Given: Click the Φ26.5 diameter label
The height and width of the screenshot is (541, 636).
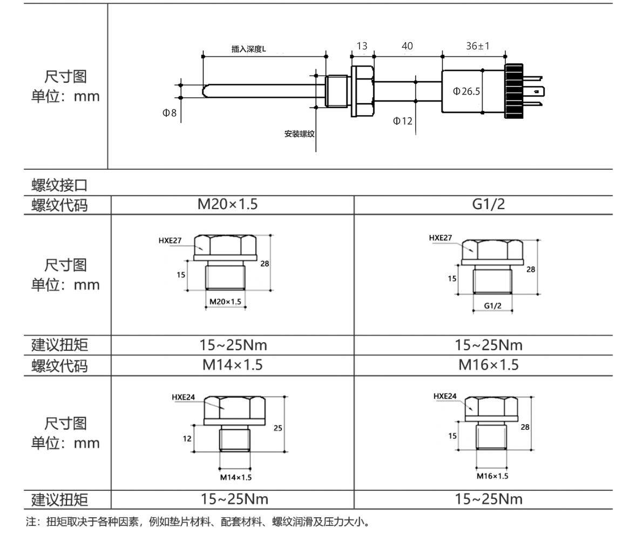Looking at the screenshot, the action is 466,91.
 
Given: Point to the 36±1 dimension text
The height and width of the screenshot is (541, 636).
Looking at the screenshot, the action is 477,46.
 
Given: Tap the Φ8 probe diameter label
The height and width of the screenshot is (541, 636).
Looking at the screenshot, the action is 170,113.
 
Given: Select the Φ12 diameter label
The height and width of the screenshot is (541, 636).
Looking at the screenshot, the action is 402,121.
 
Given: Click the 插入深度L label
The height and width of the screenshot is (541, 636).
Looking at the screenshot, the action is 249,49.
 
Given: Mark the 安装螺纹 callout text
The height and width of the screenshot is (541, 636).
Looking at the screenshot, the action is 299,133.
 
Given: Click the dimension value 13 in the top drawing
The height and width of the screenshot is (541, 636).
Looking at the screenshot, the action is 362,46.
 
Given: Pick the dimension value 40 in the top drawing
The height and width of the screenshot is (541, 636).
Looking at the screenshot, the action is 407,46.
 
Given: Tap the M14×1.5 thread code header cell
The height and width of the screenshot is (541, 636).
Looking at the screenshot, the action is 232,365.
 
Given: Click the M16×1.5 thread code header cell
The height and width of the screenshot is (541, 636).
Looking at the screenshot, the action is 489,365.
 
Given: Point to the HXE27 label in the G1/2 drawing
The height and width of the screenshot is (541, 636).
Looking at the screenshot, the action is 440,238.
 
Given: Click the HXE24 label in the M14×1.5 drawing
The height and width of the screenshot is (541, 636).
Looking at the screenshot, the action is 184,397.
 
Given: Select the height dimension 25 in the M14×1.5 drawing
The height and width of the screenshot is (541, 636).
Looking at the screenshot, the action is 278,428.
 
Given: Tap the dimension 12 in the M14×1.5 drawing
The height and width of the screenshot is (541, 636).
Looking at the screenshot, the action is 187,439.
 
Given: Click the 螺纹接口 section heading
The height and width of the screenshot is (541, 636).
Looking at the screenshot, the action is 59,185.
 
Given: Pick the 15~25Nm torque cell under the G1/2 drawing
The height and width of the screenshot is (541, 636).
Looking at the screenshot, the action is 489,345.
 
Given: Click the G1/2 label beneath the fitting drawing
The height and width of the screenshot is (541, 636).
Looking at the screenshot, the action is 493,306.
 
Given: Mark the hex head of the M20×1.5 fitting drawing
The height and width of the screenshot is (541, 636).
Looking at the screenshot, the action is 225,244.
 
